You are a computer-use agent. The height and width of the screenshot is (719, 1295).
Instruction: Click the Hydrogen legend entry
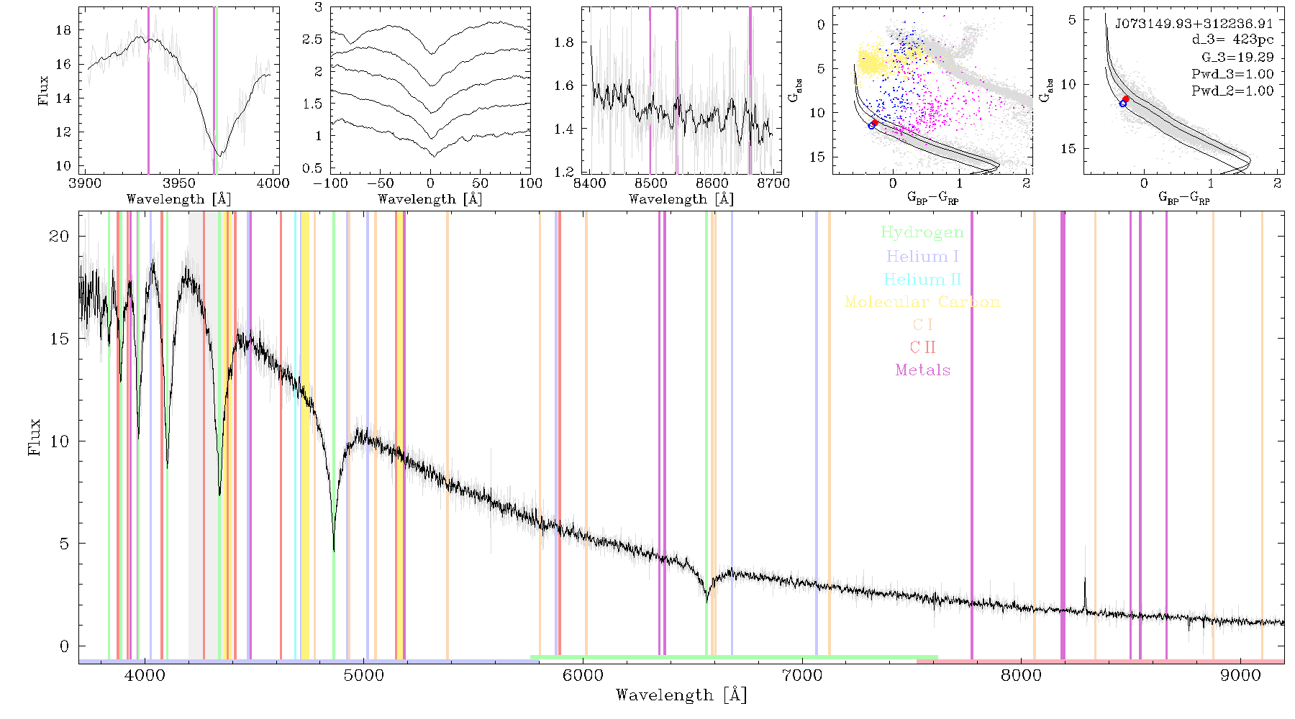point(922,233)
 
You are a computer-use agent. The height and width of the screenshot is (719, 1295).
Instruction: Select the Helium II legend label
point(922,279)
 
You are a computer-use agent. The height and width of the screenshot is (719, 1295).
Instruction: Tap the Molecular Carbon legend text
point(922,302)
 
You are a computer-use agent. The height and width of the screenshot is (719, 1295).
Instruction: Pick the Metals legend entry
point(923,370)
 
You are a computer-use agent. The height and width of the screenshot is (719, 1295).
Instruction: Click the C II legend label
point(922,347)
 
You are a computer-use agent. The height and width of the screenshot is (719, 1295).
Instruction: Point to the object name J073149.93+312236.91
point(1194,24)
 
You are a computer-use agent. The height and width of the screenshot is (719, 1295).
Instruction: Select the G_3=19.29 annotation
point(1237,58)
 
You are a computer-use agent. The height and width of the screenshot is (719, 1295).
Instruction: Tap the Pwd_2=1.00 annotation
point(1232,91)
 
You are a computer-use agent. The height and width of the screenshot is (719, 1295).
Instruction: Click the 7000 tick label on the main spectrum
point(801,675)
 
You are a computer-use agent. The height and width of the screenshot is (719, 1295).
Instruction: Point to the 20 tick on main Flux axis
point(60,237)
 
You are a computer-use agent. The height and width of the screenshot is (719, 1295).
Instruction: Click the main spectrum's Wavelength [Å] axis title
point(681,695)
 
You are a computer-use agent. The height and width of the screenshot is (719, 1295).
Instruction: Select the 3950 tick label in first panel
point(178,183)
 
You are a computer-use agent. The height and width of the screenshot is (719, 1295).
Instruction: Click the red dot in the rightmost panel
point(1126,99)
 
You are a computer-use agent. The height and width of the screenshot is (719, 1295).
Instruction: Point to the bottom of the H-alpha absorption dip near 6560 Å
point(707,601)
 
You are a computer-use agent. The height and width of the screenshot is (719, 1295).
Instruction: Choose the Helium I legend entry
point(922,256)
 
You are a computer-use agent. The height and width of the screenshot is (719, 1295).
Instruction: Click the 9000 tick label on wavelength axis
point(1240,675)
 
